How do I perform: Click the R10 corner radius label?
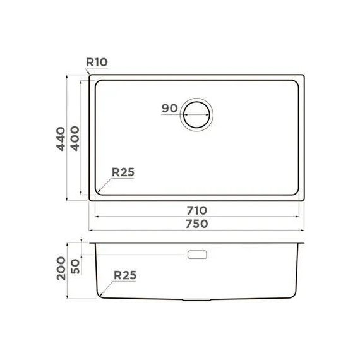(x=97, y=63)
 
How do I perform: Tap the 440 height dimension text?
(x=61, y=139)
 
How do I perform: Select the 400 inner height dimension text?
(x=75, y=138)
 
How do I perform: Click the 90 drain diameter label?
(x=170, y=109)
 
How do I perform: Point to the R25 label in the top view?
(x=123, y=172)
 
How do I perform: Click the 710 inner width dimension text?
(x=197, y=210)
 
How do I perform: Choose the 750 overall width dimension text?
(x=197, y=224)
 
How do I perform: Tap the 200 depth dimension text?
(x=61, y=268)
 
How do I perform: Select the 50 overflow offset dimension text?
(x=75, y=267)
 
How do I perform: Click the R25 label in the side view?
(x=125, y=275)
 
